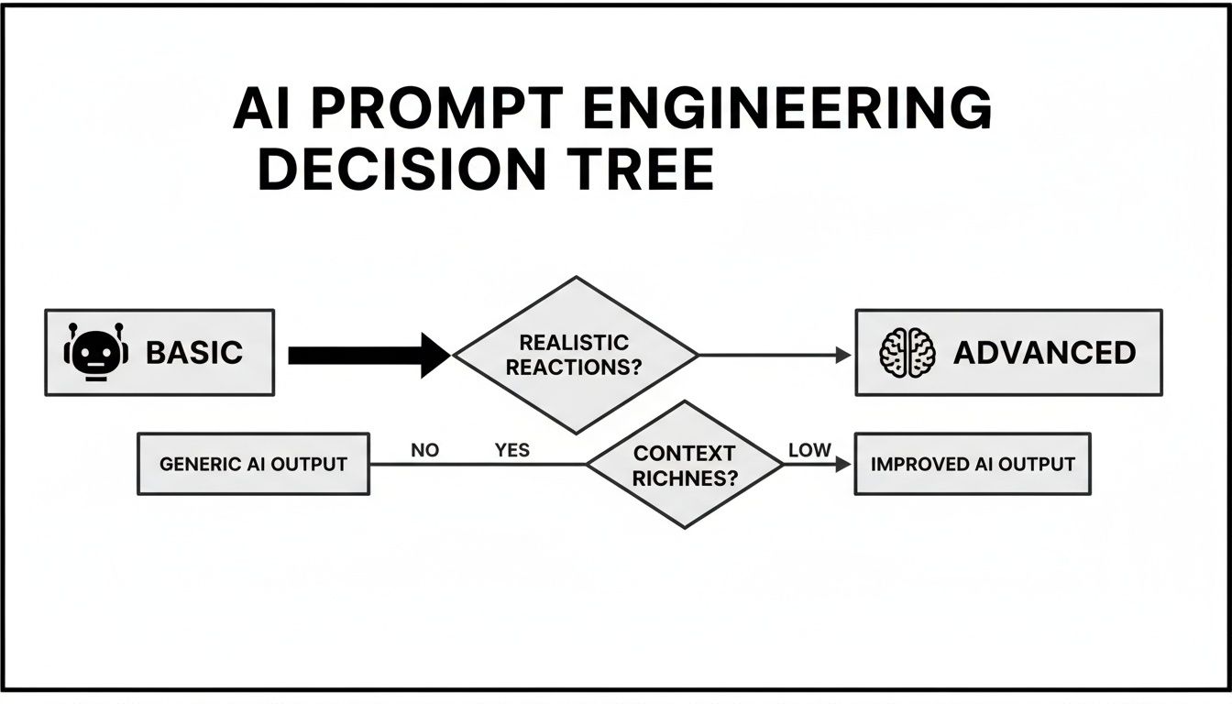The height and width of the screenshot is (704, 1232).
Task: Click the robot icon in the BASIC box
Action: click(96, 353)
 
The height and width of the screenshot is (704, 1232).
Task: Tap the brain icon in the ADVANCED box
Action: click(907, 353)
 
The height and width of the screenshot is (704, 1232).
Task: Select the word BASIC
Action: click(194, 353)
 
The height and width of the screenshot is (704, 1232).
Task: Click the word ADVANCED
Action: click(1045, 353)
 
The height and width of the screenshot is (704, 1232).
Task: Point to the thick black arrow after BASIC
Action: click(367, 355)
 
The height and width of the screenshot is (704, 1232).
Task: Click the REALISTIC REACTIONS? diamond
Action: click(575, 355)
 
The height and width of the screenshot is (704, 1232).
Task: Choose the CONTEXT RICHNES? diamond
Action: click(684, 464)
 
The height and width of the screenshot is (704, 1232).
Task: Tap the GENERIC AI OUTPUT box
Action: click(253, 464)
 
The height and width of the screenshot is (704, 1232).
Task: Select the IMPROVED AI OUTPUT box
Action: click(973, 464)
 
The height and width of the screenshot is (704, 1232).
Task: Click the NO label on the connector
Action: click(424, 450)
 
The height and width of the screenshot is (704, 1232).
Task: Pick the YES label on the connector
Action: click(512, 450)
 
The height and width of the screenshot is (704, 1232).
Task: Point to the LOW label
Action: click(809, 450)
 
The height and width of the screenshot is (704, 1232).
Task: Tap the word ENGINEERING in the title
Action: click(786, 112)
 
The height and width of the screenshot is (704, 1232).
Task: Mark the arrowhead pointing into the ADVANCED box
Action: click(844, 355)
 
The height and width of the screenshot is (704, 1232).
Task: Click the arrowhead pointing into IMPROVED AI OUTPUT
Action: click(843, 465)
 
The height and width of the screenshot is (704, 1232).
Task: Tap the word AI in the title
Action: click(260, 112)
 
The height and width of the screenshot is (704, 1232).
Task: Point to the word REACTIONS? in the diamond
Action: click(574, 367)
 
